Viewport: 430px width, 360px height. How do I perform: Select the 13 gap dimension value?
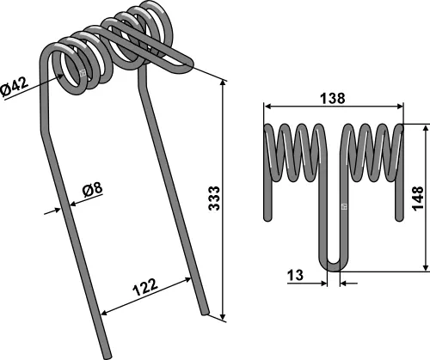(295, 276)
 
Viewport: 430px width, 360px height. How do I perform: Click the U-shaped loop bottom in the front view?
(334, 263)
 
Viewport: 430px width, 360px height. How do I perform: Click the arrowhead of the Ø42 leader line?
(62, 76)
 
